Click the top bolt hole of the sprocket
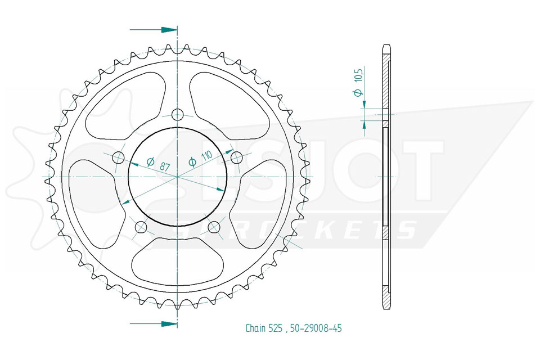click(x=177, y=114)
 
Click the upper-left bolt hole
click(x=118, y=157)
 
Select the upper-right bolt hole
click(x=236, y=157)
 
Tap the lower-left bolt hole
click(x=141, y=227)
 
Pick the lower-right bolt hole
click(x=214, y=227)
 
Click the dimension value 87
click(x=165, y=166)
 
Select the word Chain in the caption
click(x=255, y=328)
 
